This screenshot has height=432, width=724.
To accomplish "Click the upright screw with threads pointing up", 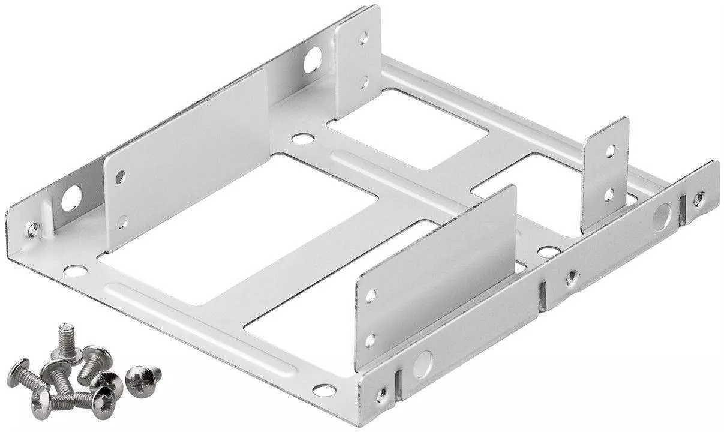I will click(65, 338).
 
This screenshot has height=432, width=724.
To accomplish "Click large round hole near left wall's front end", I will click(71, 199).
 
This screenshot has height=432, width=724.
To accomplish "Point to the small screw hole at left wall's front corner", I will click(33, 228).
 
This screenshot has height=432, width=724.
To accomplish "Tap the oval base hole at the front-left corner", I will click(74, 271).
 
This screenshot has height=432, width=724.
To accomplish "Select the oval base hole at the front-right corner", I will click(324, 390).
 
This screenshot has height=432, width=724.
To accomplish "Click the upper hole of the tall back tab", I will click(363, 38).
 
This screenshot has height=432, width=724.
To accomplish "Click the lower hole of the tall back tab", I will click(363, 81).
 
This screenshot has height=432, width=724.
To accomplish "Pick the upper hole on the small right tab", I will click(610, 150).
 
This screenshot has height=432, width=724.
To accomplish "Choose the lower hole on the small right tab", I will click(608, 194).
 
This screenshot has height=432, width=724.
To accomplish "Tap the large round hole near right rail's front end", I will click(422, 364).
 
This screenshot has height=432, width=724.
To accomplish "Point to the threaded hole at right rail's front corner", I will click(382, 394).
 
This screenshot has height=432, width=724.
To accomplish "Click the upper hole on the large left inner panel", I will click(120, 177).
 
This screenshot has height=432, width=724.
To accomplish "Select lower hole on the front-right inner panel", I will click(370, 340).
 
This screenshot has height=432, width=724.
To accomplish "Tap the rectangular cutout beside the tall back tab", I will click(408, 129).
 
